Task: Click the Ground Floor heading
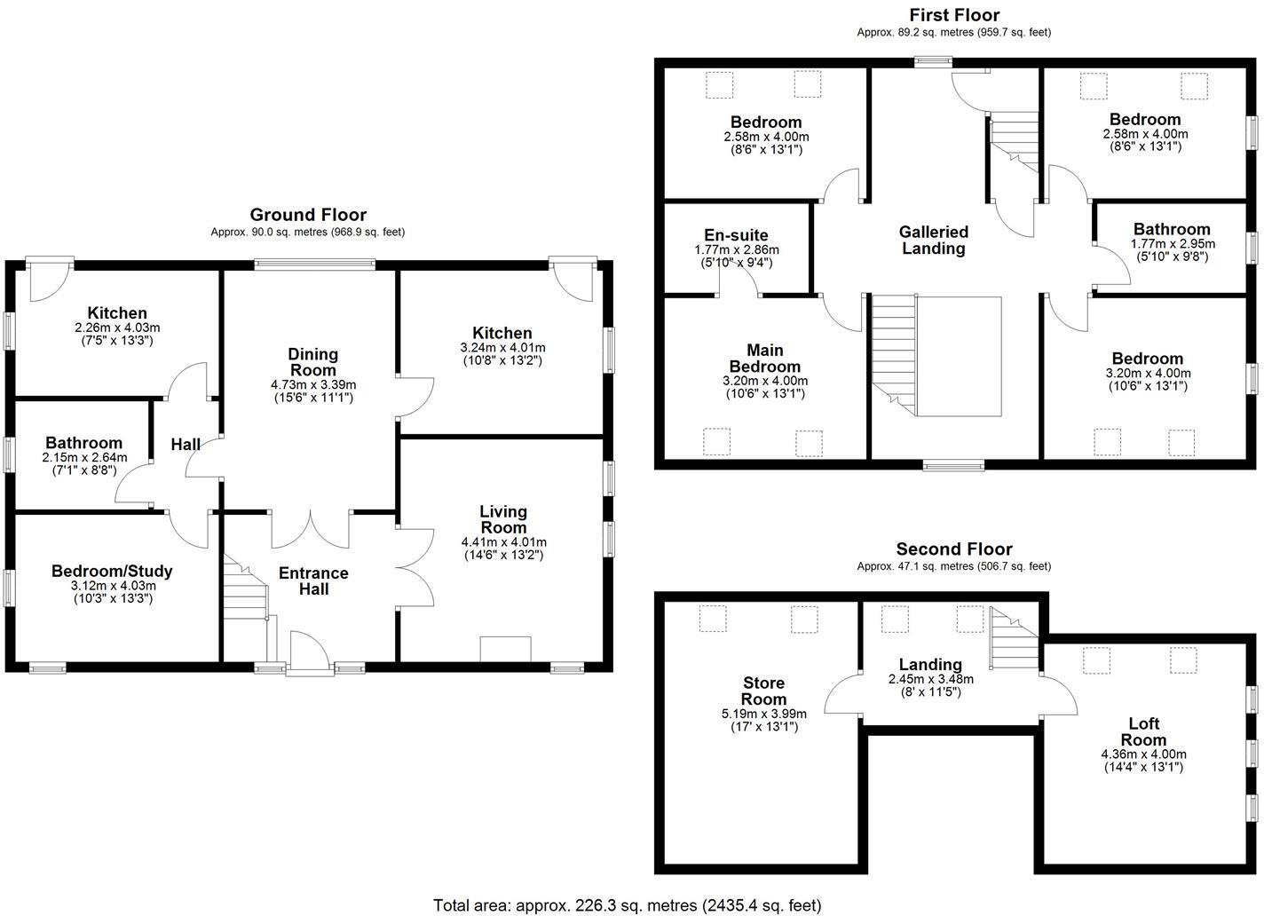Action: (307, 215)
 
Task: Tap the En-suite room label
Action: (736, 235)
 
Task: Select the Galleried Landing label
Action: (934, 240)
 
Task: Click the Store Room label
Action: (763, 691)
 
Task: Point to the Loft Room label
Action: (1143, 731)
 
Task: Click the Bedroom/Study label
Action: (112, 571)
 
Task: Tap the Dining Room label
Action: (313, 362)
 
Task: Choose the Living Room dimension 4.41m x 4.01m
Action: (503, 542)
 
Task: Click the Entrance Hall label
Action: (313, 580)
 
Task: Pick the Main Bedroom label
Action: (764, 358)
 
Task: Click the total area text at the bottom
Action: (627, 905)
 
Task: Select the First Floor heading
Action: (954, 15)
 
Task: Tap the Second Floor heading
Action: (953, 549)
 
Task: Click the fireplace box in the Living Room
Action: (505, 649)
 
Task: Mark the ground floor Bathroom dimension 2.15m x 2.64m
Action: (84, 458)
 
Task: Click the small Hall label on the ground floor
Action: (186, 444)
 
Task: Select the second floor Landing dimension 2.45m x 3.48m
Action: (930, 679)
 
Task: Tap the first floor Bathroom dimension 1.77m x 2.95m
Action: (1172, 243)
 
